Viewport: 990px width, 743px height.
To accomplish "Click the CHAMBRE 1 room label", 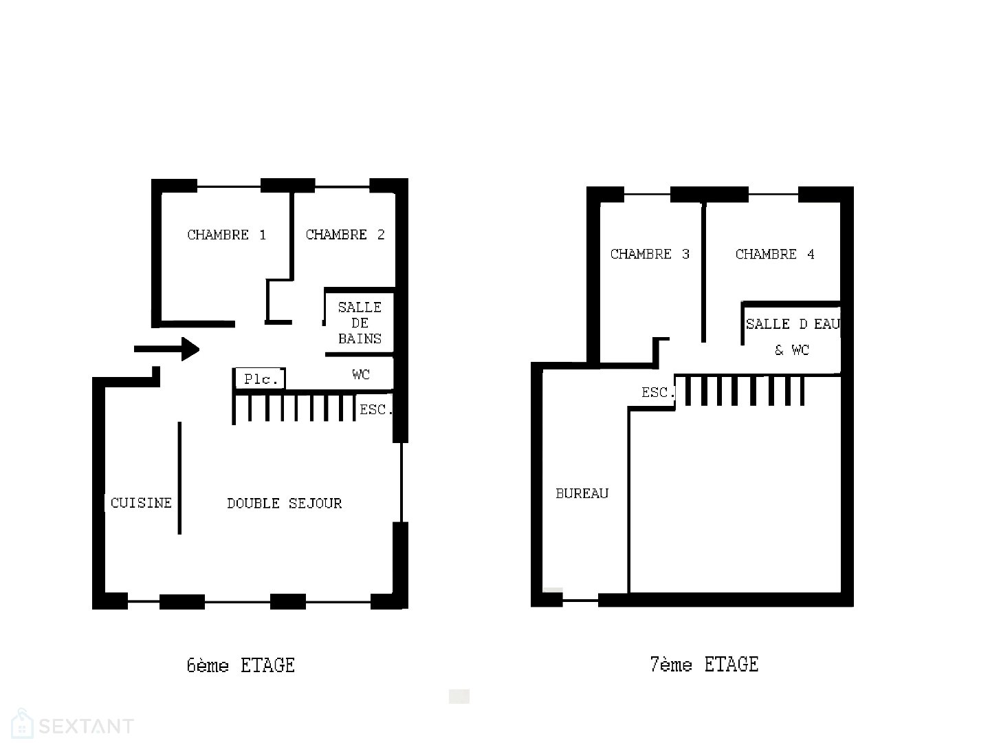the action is [x=226, y=235].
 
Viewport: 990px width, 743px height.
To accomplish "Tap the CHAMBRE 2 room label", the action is [x=345, y=235].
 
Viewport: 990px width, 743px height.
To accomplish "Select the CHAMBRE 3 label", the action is [x=650, y=255].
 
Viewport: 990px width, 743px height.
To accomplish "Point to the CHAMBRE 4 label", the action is [x=775, y=255].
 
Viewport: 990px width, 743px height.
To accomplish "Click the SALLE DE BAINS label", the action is [x=360, y=323].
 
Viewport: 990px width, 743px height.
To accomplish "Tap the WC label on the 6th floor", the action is [x=361, y=374].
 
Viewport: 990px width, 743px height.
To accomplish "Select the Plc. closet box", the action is [x=259, y=378].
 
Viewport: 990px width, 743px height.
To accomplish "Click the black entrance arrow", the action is [x=167, y=349].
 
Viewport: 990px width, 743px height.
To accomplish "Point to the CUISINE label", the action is [x=141, y=503].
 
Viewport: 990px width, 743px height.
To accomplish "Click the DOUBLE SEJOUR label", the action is [x=285, y=504].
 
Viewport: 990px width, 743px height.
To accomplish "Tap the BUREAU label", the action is [x=582, y=493].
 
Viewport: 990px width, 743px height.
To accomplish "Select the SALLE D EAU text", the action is [x=793, y=324].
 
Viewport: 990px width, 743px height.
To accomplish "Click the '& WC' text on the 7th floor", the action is [x=792, y=350].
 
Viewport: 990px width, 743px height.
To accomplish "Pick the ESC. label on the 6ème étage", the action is [x=376, y=409].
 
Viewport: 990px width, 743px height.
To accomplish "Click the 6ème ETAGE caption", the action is [x=241, y=666].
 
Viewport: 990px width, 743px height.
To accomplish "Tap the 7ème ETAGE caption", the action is [x=704, y=665].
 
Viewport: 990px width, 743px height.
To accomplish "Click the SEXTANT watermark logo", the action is [x=72, y=724].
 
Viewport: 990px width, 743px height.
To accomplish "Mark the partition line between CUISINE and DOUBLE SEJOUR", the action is [x=179, y=478].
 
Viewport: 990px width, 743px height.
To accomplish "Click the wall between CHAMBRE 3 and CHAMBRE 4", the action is [x=703, y=272].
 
